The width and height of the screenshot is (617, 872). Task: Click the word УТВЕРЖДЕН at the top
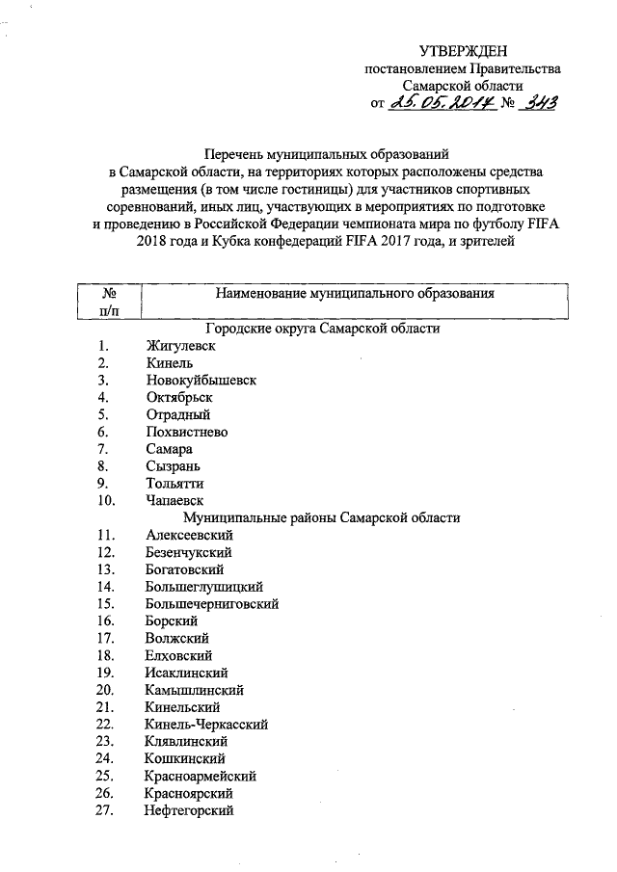(x=461, y=51)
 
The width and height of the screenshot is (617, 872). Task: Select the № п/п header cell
(x=108, y=300)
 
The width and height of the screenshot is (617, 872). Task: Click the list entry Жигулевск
(x=180, y=346)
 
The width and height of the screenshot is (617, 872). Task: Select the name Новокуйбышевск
(x=201, y=381)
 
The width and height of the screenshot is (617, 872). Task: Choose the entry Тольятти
(x=174, y=484)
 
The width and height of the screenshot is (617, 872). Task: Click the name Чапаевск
(x=174, y=501)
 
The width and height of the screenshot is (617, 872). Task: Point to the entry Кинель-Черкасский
(x=206, y=724)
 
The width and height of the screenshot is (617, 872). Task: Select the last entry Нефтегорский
(x=190, y=811)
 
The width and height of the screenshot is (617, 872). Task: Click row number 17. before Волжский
(x=107, y=638)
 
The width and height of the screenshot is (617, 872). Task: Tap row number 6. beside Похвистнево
(x=103, y=432)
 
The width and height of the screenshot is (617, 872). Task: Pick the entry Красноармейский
(x=201, y=777)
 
